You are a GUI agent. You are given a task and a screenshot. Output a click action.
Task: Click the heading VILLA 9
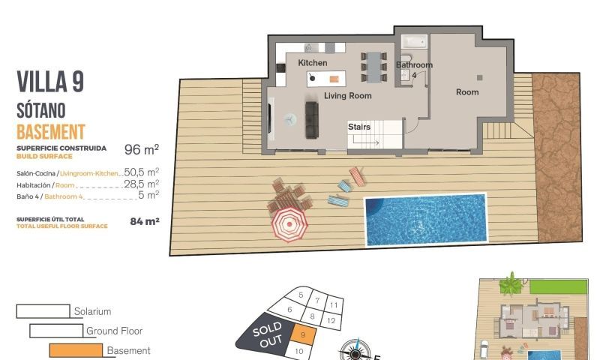click(49, 82)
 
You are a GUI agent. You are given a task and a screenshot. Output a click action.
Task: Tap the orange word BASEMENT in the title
click(50, 133)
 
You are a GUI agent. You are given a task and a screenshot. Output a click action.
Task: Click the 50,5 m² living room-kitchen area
click(141, 172)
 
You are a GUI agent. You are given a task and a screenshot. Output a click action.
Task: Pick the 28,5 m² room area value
click(141, 184)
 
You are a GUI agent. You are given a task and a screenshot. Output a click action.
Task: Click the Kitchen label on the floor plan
click(312, 63)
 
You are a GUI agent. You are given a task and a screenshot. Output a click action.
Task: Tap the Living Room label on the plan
click(347, 96)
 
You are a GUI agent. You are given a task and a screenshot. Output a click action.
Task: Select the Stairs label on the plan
click(359, 127)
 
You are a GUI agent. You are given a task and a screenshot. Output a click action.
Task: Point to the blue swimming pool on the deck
click(424, 219)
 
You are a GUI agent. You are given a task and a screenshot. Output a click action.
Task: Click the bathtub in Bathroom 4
click(414, 42)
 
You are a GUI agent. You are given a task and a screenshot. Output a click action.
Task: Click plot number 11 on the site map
click(334, 305)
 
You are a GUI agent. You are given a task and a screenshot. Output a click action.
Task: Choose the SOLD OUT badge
click(268, 334)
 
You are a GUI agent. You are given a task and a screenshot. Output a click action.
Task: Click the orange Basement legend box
click(75, 350)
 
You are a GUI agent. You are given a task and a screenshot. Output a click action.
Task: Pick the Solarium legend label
click(92, 311)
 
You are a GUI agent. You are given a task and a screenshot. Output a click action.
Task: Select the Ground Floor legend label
click(114, 331)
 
